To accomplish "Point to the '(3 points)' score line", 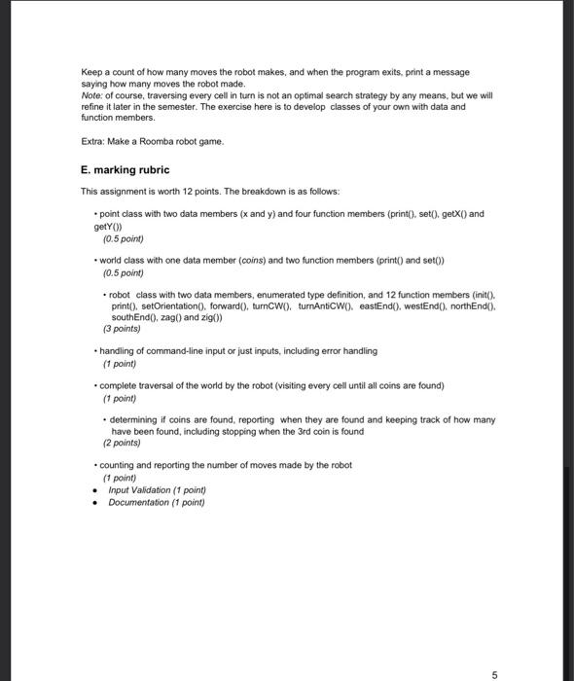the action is tap(122, 328).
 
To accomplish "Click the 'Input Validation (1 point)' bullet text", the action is tap(157, 490).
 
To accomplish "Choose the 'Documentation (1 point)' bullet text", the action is tap(157, 502).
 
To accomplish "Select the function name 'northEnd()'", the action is tap(471, 305).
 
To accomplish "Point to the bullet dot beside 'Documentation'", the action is tap(93, 503).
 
